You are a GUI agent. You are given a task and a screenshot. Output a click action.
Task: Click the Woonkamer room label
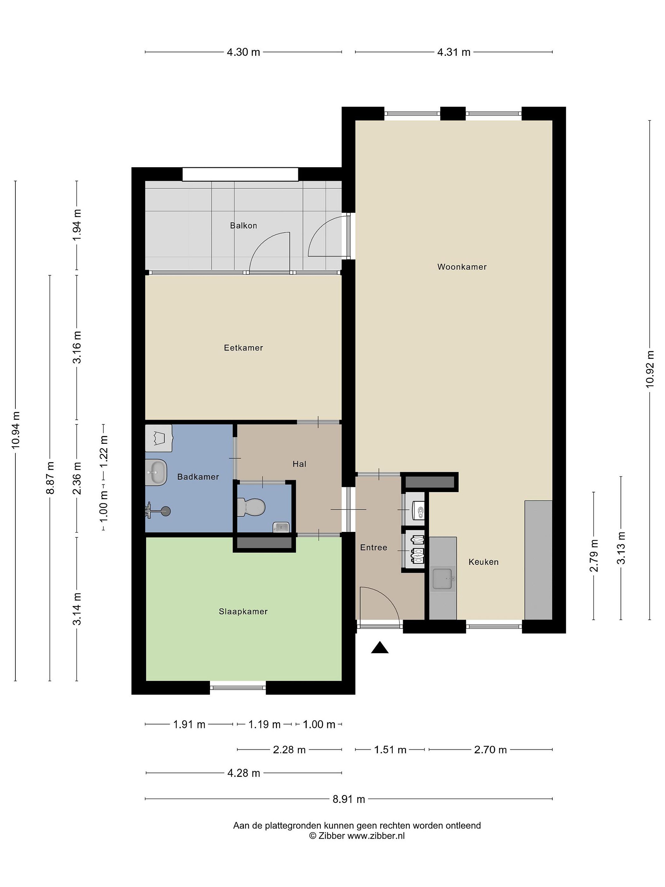click(x=462, y=267)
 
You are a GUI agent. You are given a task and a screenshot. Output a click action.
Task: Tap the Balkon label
click(x=243, y=225)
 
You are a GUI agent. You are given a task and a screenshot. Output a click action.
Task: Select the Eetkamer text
click(x=243, y=348)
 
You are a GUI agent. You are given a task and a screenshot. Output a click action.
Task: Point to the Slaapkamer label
click(x=243, y=612)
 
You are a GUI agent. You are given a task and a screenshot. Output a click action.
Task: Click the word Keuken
click(x=483, y=562)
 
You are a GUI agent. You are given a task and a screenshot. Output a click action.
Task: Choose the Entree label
click(x=373, y=547)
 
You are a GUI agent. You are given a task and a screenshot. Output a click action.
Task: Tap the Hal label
click(x=300, y=464)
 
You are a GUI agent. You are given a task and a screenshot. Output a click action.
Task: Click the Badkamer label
click(x=198, y=477)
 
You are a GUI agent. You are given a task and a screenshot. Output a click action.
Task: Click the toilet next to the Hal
click(x=251, y=507)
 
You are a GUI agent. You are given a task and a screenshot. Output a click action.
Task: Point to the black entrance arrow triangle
click(x=380, y=648)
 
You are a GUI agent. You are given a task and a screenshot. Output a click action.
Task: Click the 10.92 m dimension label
click(x=650, y=369)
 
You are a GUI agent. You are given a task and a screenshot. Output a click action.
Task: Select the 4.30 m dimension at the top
click(x=243, y=52)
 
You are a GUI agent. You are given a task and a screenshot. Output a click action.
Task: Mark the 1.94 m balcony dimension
click(x=77, y=225)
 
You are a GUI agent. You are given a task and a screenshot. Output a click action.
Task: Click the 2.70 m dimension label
click(x=490, y=749)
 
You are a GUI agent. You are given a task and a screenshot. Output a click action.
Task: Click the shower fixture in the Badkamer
click(x=158, y=510)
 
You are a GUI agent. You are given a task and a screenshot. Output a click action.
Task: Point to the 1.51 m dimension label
click(x=390, y=749)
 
